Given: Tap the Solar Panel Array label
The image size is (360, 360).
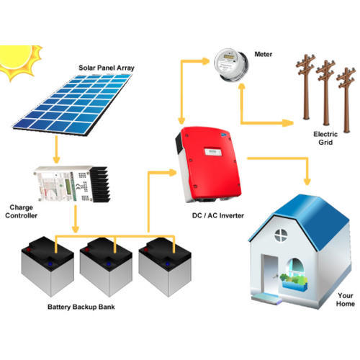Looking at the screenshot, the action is coord(107,68).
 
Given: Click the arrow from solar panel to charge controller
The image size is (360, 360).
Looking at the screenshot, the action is coord(56,149).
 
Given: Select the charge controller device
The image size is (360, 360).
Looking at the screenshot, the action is coord(72,184).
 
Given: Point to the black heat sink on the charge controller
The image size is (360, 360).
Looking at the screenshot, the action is coord(100,184).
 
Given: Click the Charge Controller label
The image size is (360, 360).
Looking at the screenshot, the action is coord(21,212).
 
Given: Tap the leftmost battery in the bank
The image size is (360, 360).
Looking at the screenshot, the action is coord(48,266).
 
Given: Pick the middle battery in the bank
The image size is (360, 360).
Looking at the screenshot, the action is coord(106,267).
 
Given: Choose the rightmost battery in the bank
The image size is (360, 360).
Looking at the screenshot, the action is coord(165,267).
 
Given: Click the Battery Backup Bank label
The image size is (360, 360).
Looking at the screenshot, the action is coord(81,307).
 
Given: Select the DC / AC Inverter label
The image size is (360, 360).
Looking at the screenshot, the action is coord(218,215).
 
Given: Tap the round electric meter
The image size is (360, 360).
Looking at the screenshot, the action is coord(231,65).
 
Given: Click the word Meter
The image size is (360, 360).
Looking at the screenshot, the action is coord(264,54).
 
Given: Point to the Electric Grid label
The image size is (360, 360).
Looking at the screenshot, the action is coord(325,138).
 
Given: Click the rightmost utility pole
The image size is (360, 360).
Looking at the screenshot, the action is coord(346,99).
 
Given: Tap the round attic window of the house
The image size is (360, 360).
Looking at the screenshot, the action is coord(281,235).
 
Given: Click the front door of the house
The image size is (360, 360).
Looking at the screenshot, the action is coord(271,274).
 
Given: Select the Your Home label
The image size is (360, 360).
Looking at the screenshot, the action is coord(346,300).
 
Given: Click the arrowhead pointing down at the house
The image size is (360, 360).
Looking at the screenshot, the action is coord(307,181).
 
